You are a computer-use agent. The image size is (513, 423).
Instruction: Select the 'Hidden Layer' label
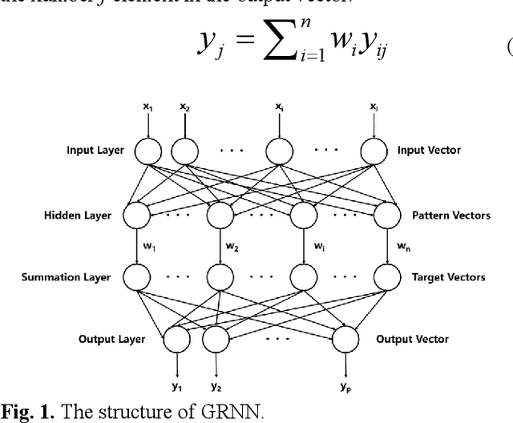[79, 216]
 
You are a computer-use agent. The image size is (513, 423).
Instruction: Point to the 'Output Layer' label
[111, 339]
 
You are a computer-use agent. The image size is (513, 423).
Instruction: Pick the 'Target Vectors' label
[448, 277]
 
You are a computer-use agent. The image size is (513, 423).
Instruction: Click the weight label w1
[148, 247]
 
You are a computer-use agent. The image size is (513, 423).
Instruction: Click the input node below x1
[148, 150]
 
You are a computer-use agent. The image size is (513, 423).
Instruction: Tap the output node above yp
[347, 339]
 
